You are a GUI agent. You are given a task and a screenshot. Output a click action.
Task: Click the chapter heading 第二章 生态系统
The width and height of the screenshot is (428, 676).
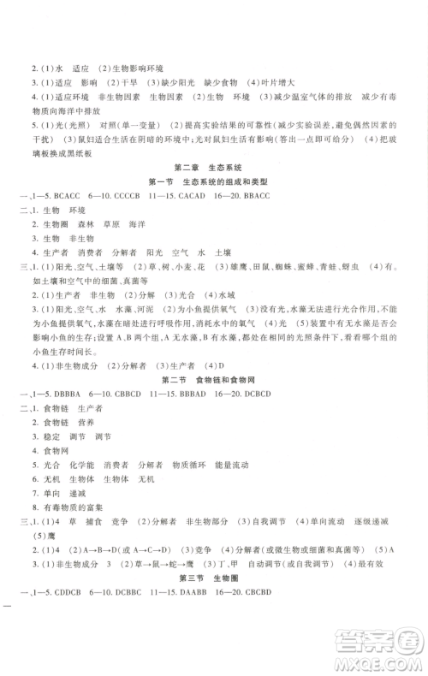[x=213, y=166]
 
